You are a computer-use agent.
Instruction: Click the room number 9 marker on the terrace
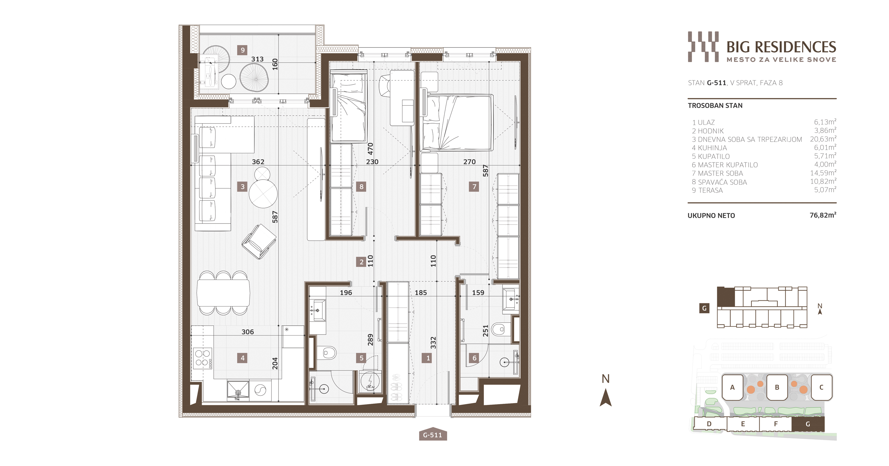[x=242, y=50]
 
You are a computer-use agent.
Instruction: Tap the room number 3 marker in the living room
[x=242, y=187]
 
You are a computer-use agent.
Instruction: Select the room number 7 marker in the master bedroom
[x=474, y=187]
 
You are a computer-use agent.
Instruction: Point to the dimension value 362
[x=258, y=162]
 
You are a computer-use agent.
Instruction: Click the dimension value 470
[x=370, y=149]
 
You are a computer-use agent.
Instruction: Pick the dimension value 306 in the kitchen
[x=248, y=332]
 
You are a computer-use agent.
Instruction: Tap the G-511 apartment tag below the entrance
[x=433, y=435]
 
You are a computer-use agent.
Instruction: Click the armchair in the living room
[x=259, y=242]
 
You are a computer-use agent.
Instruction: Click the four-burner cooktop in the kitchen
[x=203, y=358]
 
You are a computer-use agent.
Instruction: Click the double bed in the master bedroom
[x=456, y=122]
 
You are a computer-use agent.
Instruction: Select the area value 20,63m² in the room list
[x=823, y=139]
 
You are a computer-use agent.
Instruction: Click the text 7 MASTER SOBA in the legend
[x=717, y=173]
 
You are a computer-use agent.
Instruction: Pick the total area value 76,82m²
[x=823, y=215]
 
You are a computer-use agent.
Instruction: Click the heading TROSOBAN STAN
[x=715, y=106]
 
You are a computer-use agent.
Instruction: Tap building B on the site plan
[x=777, y=387]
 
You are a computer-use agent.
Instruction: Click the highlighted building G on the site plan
[x=808, y=424]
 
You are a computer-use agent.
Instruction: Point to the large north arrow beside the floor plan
[x=606, y=397]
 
